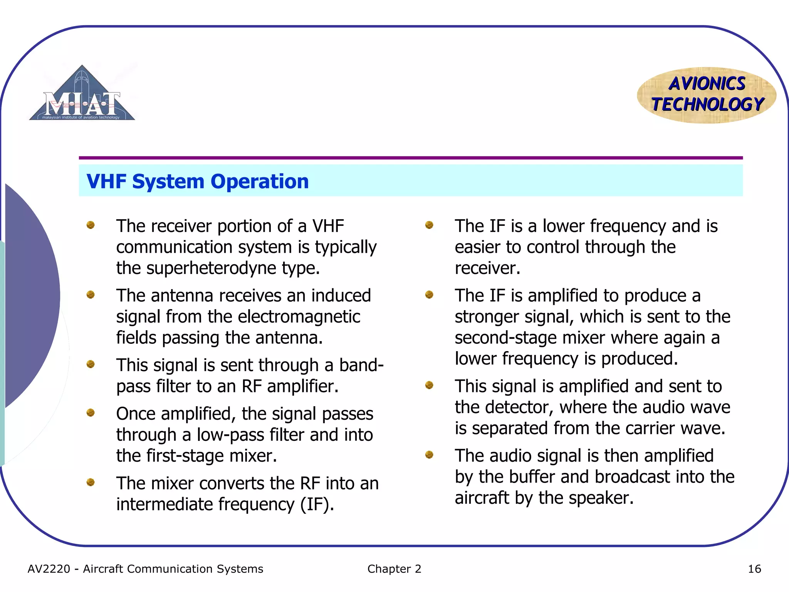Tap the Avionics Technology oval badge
707,95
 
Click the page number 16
754,569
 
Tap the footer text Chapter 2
394,569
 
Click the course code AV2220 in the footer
49,569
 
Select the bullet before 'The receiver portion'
91,225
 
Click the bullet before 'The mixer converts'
91,482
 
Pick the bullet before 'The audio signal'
429,455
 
